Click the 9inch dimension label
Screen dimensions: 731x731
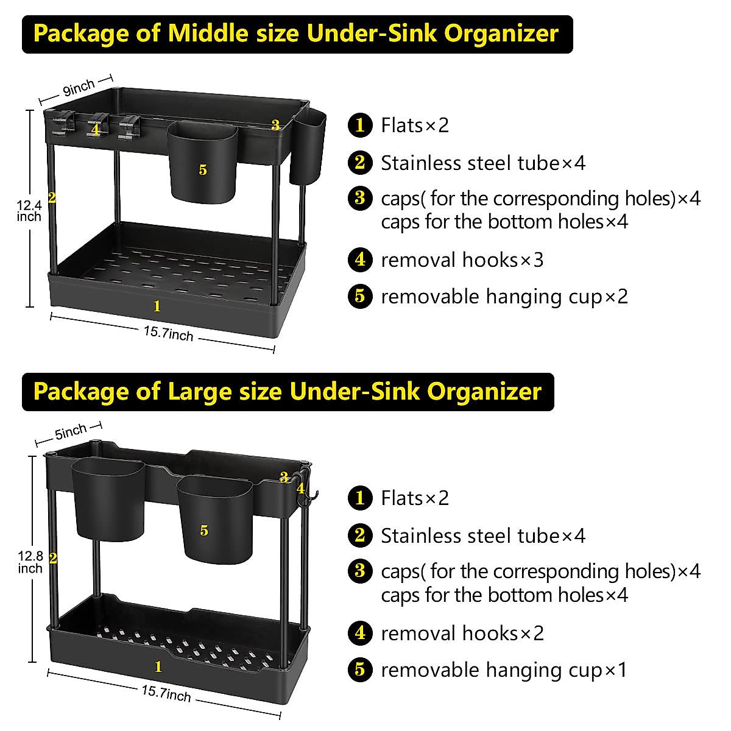pos(79,88)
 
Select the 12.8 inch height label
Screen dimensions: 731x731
pos(30,562)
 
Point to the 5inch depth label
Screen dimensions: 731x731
pos(71,432)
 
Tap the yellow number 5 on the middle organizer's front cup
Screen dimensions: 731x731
pos(203,170)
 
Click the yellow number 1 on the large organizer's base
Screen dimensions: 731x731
pos(158,667)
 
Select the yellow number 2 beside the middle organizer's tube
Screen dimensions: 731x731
pos(52,197)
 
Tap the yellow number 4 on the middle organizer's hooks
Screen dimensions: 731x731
pos(95,129)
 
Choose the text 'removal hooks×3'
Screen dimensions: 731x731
pos(462,260)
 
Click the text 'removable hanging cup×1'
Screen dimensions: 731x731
pos(503,670)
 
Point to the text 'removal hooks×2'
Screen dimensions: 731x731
pos(462,634)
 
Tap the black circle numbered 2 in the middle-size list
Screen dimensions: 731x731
pos(360,163)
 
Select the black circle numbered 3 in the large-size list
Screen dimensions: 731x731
pos(360,571)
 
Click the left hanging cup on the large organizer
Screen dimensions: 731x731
pos(108,500)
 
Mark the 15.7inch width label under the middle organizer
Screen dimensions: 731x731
pos(168,334)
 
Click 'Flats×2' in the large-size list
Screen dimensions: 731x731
pos(415,498)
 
